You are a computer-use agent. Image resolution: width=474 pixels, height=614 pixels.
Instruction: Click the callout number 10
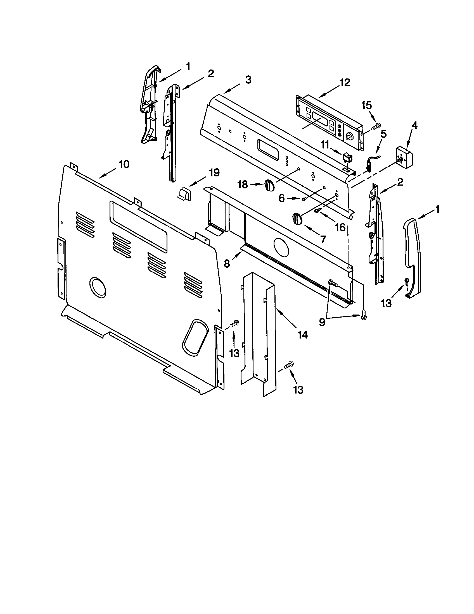[124, 164]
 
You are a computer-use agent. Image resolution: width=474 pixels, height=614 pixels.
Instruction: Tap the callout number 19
[214, 172]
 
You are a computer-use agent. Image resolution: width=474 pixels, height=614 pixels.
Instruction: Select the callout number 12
[345, 83]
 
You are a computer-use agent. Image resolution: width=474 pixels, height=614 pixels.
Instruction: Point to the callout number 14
[303, 335]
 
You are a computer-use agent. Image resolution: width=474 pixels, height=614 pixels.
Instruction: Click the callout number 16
[340, 227]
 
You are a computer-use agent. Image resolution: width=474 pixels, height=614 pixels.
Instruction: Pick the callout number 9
[322, 322]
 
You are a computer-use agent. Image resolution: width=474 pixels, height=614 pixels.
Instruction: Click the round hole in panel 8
[281, 247]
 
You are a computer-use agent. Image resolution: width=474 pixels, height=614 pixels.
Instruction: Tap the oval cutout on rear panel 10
[195, 338]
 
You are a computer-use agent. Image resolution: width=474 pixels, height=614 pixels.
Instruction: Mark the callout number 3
[248, 80]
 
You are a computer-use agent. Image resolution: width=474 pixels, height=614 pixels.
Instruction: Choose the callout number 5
[384, 135]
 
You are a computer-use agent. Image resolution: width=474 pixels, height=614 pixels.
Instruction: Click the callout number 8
[227, 263]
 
